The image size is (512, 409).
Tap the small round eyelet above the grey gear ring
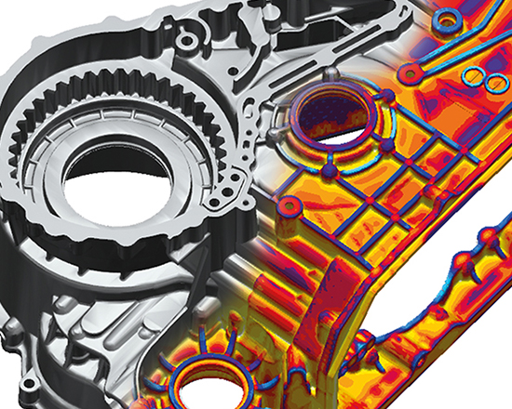tap(191, 42)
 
